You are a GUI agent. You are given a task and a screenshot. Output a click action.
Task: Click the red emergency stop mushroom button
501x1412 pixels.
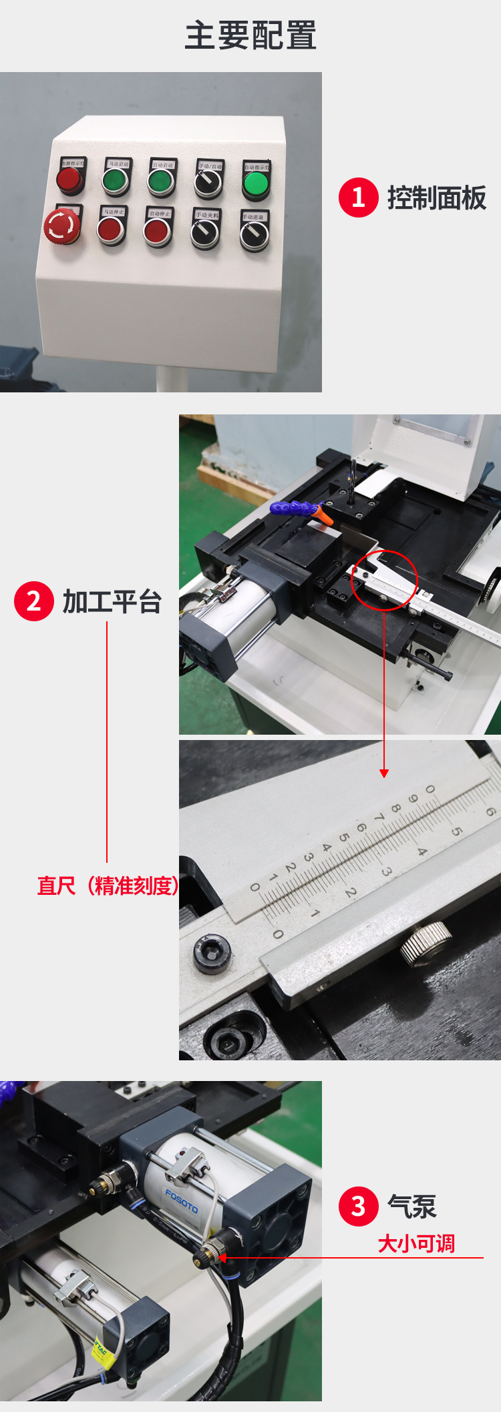[x=62, y=226]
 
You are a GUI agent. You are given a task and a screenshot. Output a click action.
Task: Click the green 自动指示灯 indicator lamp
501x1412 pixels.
[x=255, y=184]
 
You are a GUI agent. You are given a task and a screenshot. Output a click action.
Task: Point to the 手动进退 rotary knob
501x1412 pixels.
[x=255, y=235]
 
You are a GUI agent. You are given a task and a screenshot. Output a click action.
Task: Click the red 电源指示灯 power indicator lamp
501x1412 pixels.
[x=69, y=179]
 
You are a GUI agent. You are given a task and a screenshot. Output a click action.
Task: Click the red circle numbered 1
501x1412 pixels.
[x=358, y=198]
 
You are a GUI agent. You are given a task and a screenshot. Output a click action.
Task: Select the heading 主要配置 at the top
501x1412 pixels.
[x=251, y=35]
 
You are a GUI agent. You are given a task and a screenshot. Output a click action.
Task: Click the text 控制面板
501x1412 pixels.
[x=437, y=198]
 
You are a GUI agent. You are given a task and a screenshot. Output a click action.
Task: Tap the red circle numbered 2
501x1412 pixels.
[x=33, y=601]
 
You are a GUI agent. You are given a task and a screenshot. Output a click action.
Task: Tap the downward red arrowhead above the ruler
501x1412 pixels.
[x=384, y=773]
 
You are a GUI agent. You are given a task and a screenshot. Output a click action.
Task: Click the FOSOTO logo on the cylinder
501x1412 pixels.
[x=182, y=1201]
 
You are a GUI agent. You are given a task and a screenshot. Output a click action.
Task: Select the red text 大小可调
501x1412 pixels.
[x=416, y=1244]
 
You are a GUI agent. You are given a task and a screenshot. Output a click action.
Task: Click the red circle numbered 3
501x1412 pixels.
[x=358, y=1206]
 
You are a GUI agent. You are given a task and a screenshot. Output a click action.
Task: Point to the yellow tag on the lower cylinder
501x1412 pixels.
[x=100, y=1349]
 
